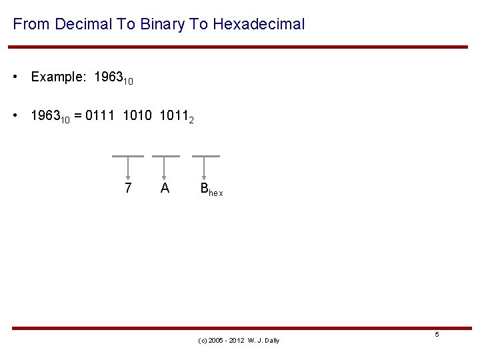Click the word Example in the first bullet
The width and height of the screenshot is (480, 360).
58,77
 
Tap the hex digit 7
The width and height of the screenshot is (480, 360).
128,189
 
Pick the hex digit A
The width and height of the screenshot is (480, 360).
165,189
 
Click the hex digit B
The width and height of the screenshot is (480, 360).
205,189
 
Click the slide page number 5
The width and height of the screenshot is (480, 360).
437,334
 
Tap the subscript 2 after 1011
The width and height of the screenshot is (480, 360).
191,121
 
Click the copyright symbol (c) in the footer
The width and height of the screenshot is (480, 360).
203,341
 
